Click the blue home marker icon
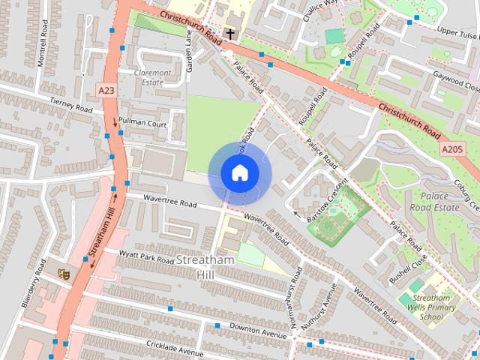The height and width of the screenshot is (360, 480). click(240, 173)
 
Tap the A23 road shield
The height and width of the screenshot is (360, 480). click(106, 90)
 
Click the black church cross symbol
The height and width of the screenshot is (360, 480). click(230, 33)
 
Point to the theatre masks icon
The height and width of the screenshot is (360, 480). click(64, 274)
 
